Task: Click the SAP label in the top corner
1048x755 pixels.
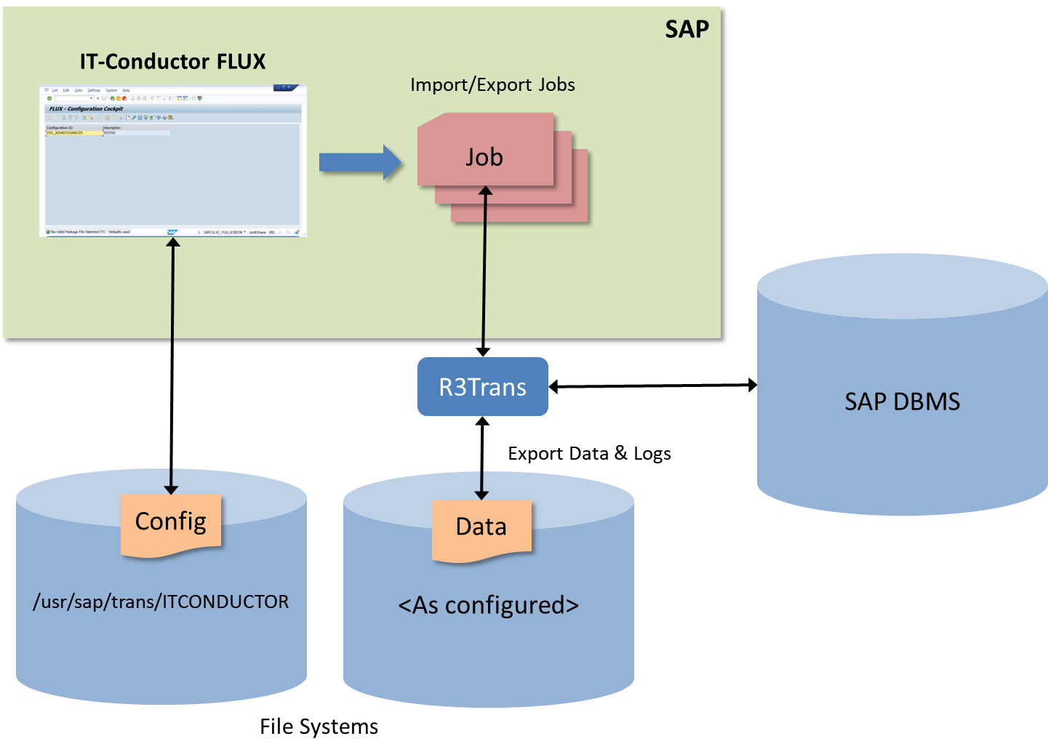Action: click(x=687, y=29)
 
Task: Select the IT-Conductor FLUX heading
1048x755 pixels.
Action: click(x=172, y=62)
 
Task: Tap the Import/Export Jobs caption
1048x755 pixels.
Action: click(x=492, y=85)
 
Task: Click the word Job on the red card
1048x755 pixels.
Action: click(x=484, y=157)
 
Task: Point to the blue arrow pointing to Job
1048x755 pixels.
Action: click(x=360, y=162)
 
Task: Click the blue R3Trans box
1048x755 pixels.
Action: click(x=482, y=387)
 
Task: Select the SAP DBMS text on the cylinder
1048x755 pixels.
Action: click(x=902, y=402)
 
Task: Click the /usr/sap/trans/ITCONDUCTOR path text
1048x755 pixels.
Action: click(x=161, y=602)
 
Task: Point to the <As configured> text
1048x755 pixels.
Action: click(x=488, y=605)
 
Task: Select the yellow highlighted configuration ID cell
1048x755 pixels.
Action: click(x=73, y=133)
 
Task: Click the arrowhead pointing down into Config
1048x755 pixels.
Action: click(x=171, y=489)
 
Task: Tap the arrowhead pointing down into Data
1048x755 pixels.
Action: click(x=481, y=494)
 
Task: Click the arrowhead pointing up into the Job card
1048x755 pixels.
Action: click(x=486, y=191)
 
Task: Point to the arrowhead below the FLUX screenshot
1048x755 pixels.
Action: click(x=173, y=243)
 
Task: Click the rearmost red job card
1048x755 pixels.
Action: click(x=580, y=211)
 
